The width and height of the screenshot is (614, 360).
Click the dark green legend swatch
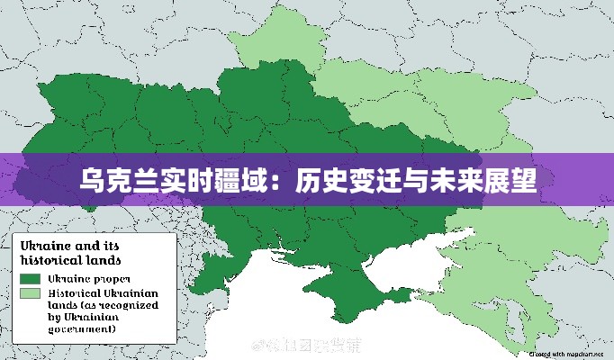[x=31, y=279]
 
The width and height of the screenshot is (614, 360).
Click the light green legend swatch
[x=31, y=294]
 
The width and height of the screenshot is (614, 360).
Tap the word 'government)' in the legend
[x=82, y=329]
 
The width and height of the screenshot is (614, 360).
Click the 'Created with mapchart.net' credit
[x=565, y=355]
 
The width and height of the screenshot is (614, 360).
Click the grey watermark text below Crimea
[x=306, y=345]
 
